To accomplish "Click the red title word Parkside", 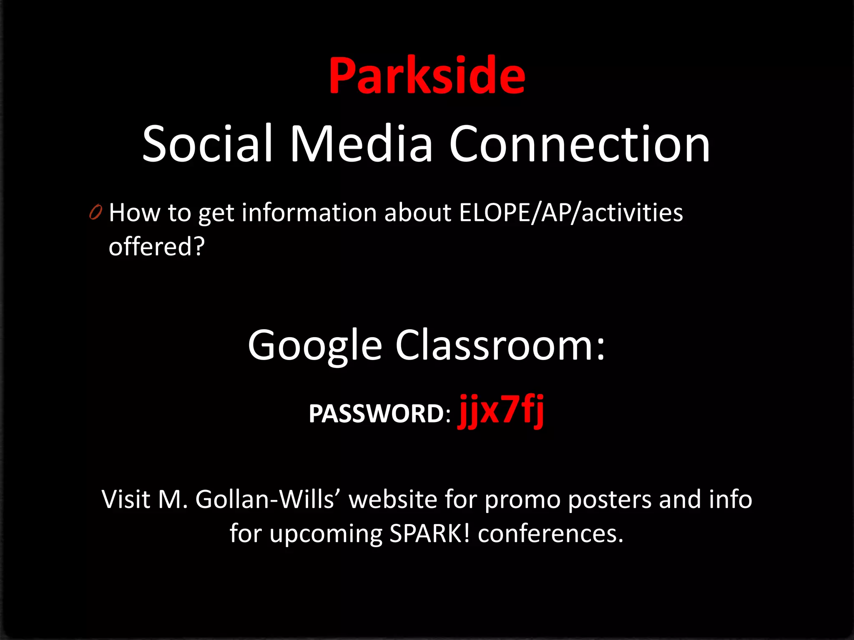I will click(427, 76).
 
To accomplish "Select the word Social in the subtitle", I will click(207, 144).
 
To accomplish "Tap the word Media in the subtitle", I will click(361, 144).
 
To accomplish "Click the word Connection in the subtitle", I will click(579, 144).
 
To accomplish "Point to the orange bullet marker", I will click(95, 212).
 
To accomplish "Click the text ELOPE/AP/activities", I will click(570, 213).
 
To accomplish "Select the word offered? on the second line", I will click(157, 247).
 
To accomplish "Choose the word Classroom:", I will click(500, 345).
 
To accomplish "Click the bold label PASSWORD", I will click(376, 414).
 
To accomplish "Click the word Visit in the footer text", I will click(126, 499).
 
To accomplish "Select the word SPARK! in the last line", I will click(429, 533).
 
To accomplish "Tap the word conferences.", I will click(550, 533).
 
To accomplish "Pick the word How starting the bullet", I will click(134, 213).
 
